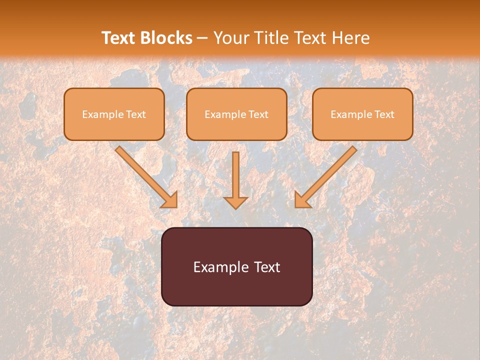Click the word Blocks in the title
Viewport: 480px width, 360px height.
coord(167,38)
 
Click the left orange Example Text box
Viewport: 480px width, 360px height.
coord(114,114)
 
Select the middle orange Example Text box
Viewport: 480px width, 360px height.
coord(236,114)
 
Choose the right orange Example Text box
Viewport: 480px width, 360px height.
coord(362,114)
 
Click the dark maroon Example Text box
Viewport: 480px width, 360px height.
coord(236,266)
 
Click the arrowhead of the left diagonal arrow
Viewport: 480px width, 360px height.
coord(170,200)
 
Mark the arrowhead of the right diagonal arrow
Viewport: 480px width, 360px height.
coord(302,200)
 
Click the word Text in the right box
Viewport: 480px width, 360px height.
coord(384,114)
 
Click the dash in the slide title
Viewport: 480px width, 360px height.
coord(202,38)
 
